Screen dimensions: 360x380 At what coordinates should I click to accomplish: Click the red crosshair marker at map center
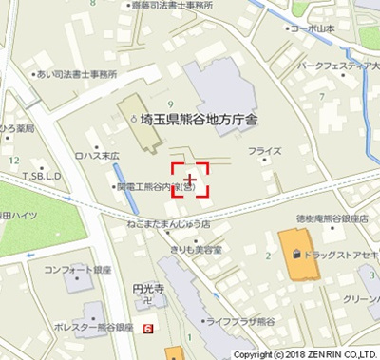point(191,179)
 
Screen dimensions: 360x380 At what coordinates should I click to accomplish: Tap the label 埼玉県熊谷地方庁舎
point(213,122)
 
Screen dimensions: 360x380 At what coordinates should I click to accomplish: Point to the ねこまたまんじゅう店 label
point(167,226)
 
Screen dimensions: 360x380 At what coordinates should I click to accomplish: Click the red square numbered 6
point(148,329)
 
